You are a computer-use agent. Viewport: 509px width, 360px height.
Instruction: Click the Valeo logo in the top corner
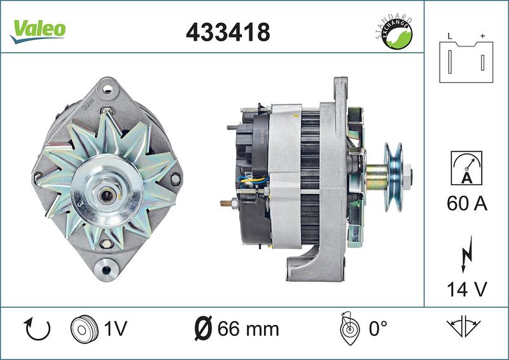[x=38, y=31]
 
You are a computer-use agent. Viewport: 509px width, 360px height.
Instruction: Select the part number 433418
[x=228, y=32]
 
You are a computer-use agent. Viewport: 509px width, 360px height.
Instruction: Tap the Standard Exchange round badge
[x=394, y=33]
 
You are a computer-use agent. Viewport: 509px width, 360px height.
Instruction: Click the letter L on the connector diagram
[x=450, y=36]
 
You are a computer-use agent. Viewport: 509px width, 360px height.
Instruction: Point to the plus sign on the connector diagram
[x=482, y=36]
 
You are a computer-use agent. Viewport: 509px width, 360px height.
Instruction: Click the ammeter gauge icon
[x=466, y=168]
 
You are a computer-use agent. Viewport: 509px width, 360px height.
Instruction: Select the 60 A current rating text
[x=467, y=204]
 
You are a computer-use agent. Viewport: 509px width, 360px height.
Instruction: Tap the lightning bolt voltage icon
[x=467, y=254]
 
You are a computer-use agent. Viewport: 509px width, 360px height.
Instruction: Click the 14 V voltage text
[x=467, y=289]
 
